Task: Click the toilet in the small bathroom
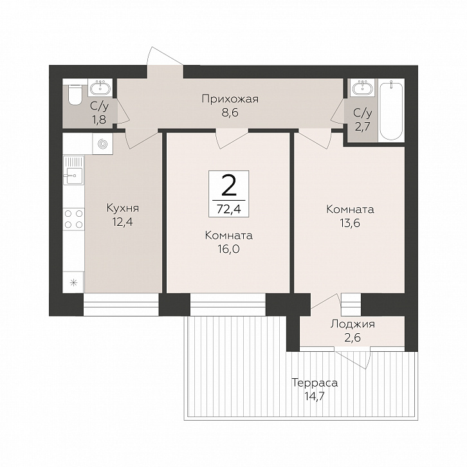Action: pos(75,94)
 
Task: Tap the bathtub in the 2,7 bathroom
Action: pos(392,111)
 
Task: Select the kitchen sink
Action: pos(73,171)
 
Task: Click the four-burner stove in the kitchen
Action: pos(73,219)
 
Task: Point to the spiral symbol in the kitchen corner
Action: pos(103,144)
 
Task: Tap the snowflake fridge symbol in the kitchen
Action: pos(73,282)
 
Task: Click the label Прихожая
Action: pos(230,98)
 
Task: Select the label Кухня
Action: pos(123,208)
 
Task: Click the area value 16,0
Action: pos(229,249)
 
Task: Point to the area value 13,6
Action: pos(350,223)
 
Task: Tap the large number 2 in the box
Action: pos(229,185)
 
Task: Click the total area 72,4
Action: pos(229,209)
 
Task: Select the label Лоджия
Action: pos(353,325)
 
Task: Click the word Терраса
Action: pos(315,383)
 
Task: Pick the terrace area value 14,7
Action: pos(315,396)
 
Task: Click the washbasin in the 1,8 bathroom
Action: pos(100,88)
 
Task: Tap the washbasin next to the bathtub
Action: pos(363,88)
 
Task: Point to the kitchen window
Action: pos(121,304)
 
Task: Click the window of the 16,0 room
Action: pos(228,304)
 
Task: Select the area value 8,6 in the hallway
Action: pos(230,113)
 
